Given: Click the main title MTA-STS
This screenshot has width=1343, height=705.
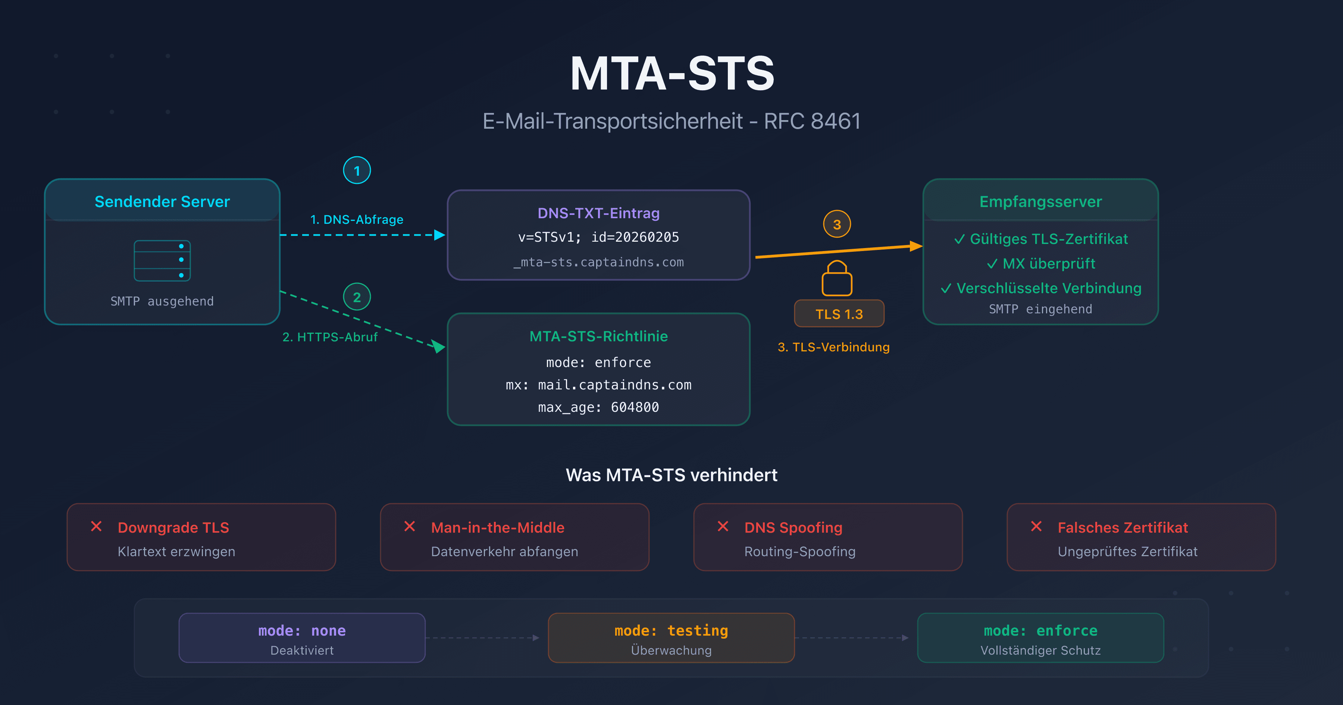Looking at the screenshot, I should point(671,74).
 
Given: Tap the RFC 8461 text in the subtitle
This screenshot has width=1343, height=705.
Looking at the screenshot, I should point(812,122).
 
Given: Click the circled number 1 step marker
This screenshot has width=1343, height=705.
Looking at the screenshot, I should point(357,170).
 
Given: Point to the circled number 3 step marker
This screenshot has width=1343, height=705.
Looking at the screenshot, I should point(836,224).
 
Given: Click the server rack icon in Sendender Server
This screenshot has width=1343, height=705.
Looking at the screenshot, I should point(162,261).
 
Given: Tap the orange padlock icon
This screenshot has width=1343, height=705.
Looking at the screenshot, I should point(837,279).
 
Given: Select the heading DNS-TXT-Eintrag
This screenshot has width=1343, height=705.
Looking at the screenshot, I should point(598,213).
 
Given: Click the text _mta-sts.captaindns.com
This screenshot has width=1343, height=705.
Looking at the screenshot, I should point(598,262).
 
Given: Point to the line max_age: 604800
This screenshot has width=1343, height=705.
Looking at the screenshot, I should point(598,407).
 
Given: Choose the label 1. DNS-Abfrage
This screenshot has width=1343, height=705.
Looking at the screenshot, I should point(357,220).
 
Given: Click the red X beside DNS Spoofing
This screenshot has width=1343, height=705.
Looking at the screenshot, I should point(723,527).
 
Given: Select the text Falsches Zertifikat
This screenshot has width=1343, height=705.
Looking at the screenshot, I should point(1123,528).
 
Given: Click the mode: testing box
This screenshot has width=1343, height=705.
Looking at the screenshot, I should point(671,638).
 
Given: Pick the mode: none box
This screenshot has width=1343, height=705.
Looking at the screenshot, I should point(302,638).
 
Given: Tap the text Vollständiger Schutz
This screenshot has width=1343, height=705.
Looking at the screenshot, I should point(1040,650).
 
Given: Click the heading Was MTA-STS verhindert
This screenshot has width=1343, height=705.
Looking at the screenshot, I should point(671,475).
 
